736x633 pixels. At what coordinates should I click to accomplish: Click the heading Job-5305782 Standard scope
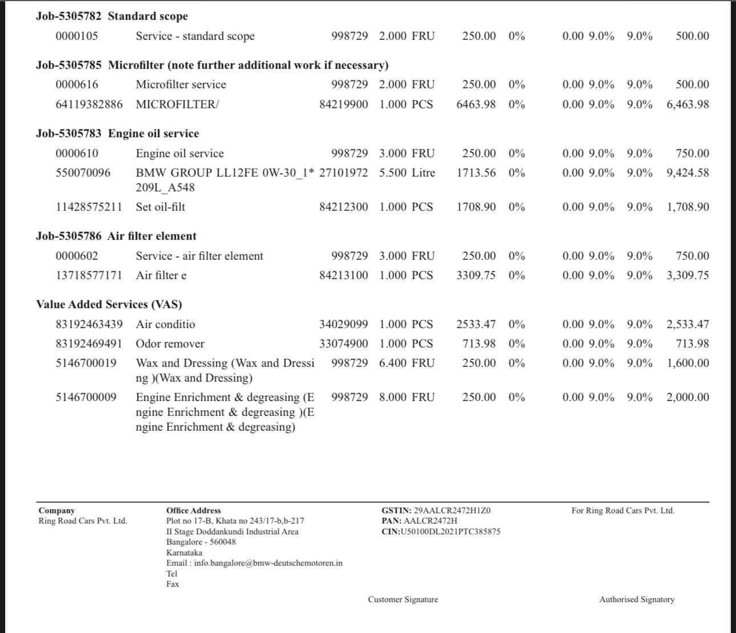tap(112, 16)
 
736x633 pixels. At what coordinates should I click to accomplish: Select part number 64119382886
tap(89, 104)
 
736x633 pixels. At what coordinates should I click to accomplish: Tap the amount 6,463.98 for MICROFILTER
tap(688, 104)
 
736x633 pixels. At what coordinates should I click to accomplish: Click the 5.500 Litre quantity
tap(407, 173)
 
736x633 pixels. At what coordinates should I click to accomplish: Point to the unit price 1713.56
tap(476, 173)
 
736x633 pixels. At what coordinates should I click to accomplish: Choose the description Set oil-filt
tap(160, 207)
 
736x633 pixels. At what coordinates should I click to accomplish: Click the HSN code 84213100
tap(343, 275)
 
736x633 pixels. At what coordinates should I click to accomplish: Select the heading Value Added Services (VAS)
tap(109, 304)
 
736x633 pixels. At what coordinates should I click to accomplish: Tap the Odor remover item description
tap(170, 344)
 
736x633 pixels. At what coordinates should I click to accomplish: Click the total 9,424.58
tap(688, 173)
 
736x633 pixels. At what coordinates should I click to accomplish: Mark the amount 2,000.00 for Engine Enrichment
tap(688, 397)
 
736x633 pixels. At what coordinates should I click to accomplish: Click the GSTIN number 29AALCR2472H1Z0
tap(452, 511)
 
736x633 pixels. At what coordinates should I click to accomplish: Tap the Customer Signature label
tap(403, 599)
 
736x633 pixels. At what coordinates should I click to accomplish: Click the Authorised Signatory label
tap(637, 599)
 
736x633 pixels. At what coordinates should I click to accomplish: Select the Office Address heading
tap(193, 511)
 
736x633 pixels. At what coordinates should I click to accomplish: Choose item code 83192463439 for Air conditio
tap(89, 324)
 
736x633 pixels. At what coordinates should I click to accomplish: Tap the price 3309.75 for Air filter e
tap(476, 275)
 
